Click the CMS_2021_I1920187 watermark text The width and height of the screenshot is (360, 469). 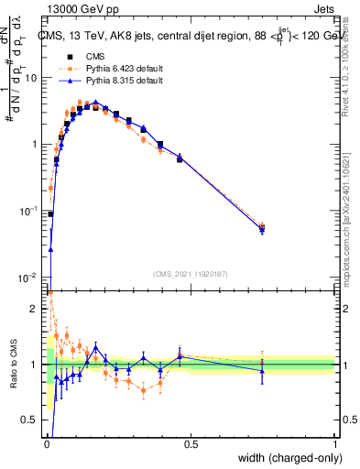[191, 274]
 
